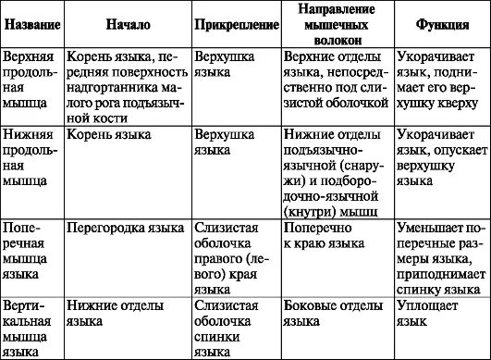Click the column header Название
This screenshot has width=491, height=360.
[31, 22]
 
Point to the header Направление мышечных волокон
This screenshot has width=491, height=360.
[336, 22]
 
